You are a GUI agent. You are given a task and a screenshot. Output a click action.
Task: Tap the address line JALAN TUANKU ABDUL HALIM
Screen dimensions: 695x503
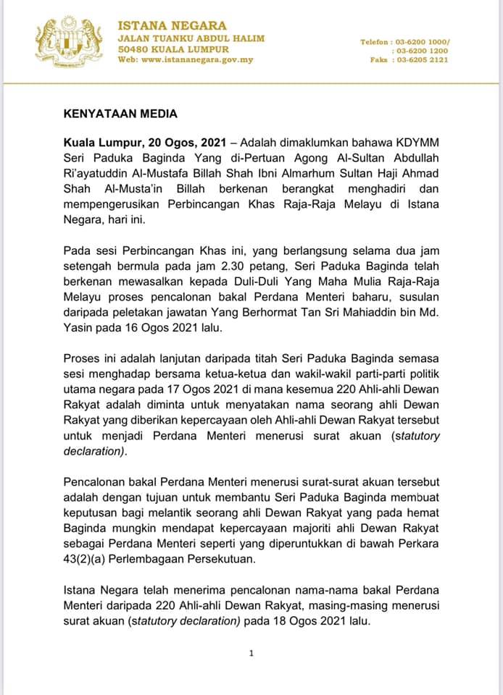pos(191,38)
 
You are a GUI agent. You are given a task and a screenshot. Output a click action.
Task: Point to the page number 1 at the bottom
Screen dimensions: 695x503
pos(251,653)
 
